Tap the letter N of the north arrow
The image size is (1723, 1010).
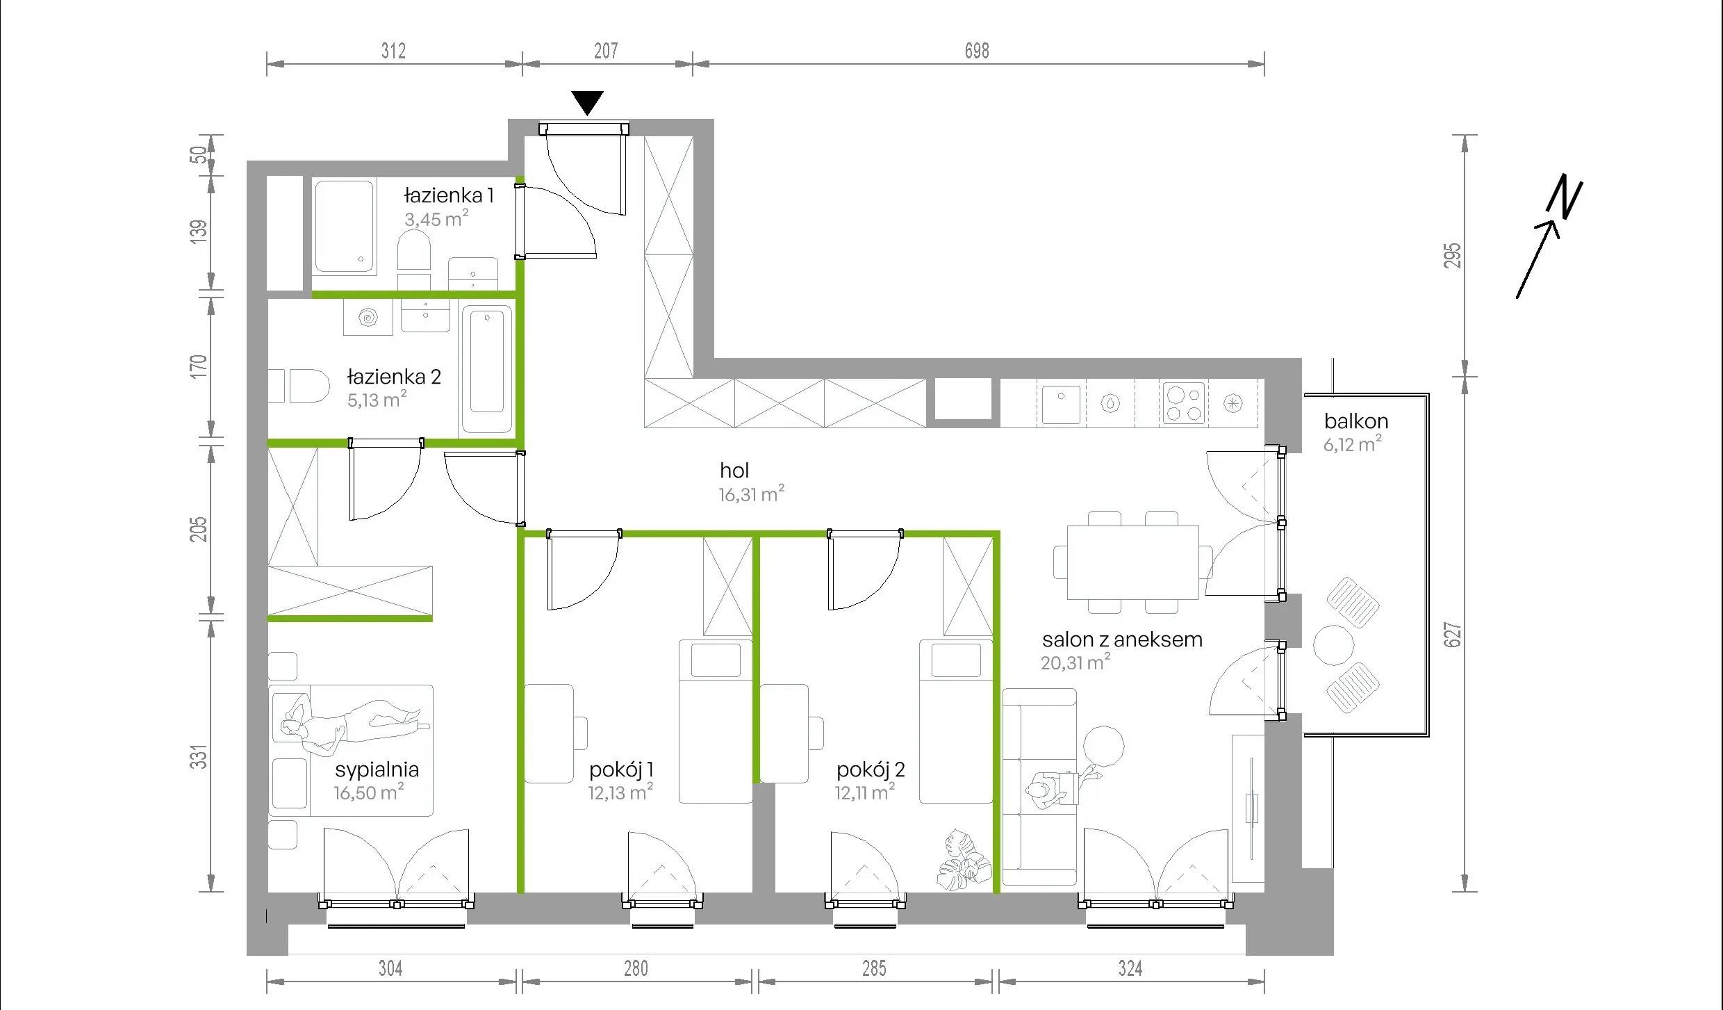pyautogui.click(x=1564, y=199)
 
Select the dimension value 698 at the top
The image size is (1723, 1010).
pyautogui.click(x=977, y=51)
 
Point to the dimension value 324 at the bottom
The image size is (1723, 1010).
pyautogui.click(x=1130, y=968)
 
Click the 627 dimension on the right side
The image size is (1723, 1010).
pyautogui.click(x=1453, y=635)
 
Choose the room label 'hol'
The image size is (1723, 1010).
pyautogui.click(x=734, y=471)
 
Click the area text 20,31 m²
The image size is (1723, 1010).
pyautogui.click(x=1075, y=662)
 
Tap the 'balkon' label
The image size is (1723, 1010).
pyautogui.click(x=1356, y=421)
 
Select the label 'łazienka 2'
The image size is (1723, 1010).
pyautogui.click(x=394, y=377)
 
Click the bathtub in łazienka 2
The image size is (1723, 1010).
pyautogui.click(x=487, y=370)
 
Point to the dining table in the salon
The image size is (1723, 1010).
pyautogui.click(x=1132, y=562)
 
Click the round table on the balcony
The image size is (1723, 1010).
pyautogui.click(x=1334, y=646)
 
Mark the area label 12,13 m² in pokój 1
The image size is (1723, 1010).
pyautogui.click(x=620, y=792)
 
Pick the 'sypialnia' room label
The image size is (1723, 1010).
pyautogui.click(x=377, y=769)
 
